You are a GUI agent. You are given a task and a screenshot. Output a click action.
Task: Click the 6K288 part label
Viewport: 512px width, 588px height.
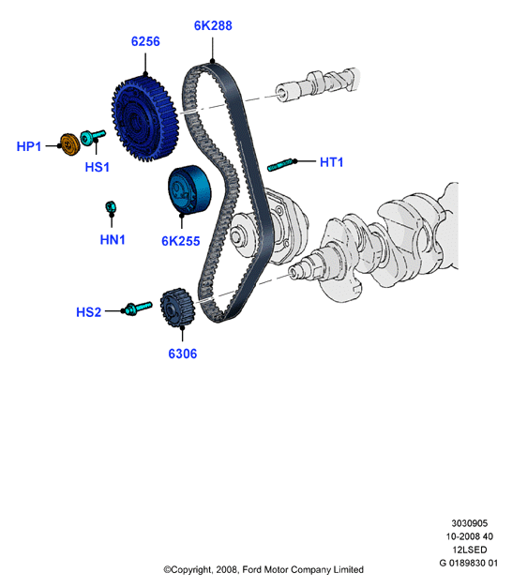click(213, 25)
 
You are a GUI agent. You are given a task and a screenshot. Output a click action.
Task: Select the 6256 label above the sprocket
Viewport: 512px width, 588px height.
click(145, 41)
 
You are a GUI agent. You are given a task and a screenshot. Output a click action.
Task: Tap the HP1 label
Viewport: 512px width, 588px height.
click(29, 146)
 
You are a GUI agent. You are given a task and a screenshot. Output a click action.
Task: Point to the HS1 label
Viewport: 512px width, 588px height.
click(98, 167)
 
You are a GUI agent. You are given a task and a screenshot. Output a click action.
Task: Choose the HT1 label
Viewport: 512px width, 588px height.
click(332, 162)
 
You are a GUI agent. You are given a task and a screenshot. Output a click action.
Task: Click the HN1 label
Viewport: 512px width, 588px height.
click(113, 240)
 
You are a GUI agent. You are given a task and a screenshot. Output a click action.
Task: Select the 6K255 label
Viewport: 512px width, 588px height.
click(181, 241)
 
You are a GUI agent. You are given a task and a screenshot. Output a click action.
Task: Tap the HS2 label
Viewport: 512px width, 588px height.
click(88, 312)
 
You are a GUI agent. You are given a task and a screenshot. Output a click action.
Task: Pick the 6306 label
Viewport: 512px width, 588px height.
click(183, 354)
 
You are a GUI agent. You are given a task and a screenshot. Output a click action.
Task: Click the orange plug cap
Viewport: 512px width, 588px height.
click(70, 143)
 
